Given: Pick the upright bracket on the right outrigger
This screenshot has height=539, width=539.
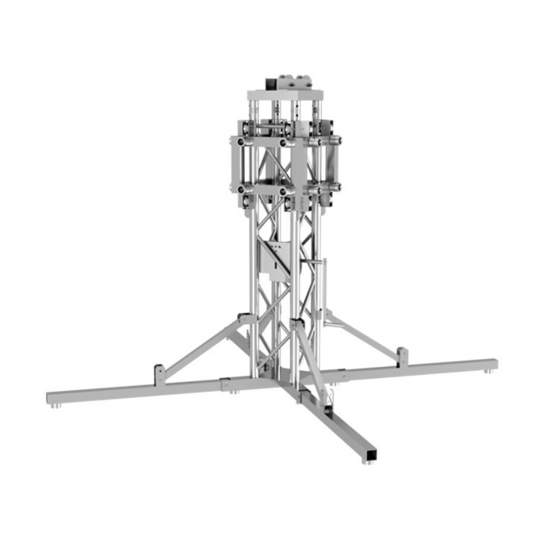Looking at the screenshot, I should pyautogui.click(x=403, y=355).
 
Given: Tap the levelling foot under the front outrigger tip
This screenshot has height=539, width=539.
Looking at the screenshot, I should pyautogui.click(x=366, y=461).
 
